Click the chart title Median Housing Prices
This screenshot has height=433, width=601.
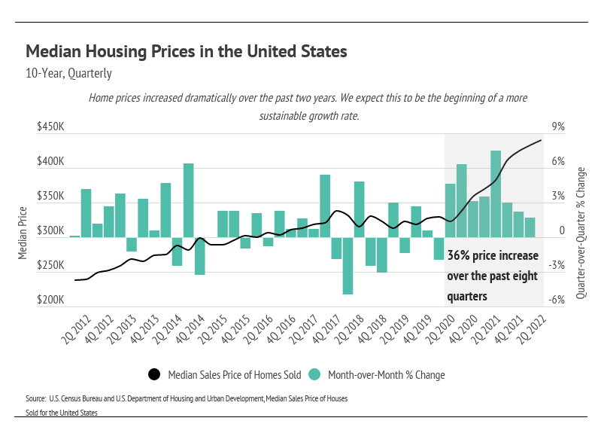tap(186, 52)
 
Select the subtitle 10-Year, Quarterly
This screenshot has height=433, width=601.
tap(68, 74)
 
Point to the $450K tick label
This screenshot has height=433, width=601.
tap(51, 128)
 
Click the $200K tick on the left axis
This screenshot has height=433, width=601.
tap(51, 300)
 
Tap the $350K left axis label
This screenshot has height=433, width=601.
tap(51, 197)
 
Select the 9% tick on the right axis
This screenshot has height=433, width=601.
tap(558, 128)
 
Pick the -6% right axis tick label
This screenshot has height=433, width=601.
tap(557, 300)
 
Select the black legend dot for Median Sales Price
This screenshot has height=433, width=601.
tap(154, 374)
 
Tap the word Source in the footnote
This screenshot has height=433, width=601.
tap(36, 397)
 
